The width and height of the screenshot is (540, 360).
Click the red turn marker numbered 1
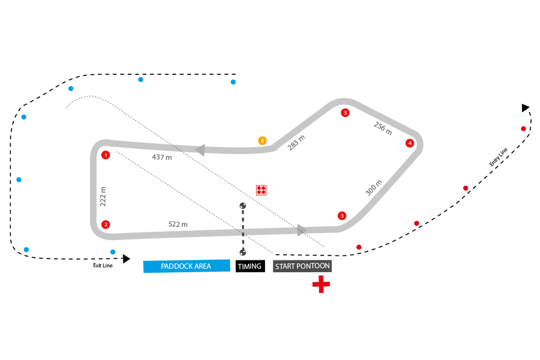[x=105, y=155]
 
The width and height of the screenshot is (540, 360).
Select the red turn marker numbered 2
[x=105, y=224]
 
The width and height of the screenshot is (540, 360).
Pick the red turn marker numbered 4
[x=410, y=143]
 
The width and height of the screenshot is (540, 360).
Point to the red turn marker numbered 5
[x=345, y=113]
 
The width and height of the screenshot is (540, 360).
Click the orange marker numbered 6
[x=262, y=141]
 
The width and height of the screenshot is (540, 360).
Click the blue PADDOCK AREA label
[x=187, y=266]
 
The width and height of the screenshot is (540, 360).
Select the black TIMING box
[x=250, y=266]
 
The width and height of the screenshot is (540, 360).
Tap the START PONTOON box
[x=302, y=265]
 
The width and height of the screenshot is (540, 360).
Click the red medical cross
[x=321, y=285]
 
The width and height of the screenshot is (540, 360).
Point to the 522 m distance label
[x=178, y=224]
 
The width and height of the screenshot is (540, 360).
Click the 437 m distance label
[x=161, y=157]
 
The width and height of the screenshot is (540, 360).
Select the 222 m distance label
[x=103, y=197]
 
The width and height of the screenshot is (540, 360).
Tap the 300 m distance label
[x=373, y=188]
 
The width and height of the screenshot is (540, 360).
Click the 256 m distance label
[x=382, y=128]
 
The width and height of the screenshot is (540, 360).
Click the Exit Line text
[x=103, y=265]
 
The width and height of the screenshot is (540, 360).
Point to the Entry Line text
[x=498, y=157]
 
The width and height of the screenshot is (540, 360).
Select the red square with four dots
[x=261, y=190]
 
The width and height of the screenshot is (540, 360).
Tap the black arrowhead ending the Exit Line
[x=127, y=259]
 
